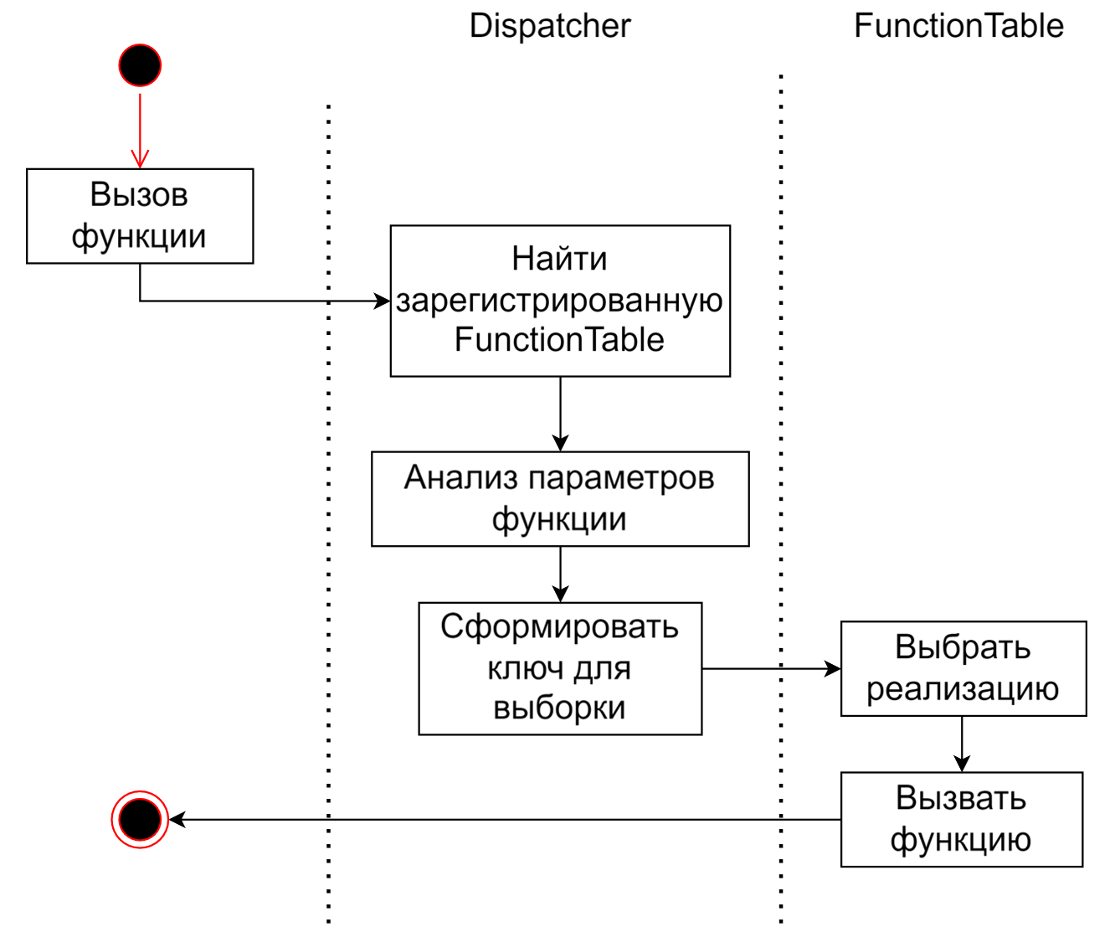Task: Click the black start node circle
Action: click(x=140, y=65)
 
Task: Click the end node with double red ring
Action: click(x=140, y=819)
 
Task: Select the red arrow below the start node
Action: click(x=140, y=130)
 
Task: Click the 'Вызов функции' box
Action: click(x=140, y=216)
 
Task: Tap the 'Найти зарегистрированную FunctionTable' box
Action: click(x=560, y=301)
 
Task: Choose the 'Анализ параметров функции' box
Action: click(x=560, y=499)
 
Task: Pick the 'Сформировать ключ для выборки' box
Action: click(x=560, y=668)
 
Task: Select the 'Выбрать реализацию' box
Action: click(x=963, y=668)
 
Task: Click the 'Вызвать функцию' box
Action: click(x=961, y=819)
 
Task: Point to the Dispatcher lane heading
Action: click(x=550, y=26)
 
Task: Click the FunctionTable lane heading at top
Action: click(x=958, y=26)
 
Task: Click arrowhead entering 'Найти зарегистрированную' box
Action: click(x=382, y=301)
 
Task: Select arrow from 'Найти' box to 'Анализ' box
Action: click(x=560, y=415)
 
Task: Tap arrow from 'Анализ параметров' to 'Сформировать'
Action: click(x=560, y=574)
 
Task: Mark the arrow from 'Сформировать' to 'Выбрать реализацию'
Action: click(x=770, y=668)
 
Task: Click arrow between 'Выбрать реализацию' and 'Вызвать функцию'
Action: click(x=962, y=744)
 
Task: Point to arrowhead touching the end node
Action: click(x=177, y=819)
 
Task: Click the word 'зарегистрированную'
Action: click(x=560, y=301)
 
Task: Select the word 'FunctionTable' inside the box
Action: click(x=559, y=340)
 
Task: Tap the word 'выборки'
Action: click(x=559, y=708)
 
